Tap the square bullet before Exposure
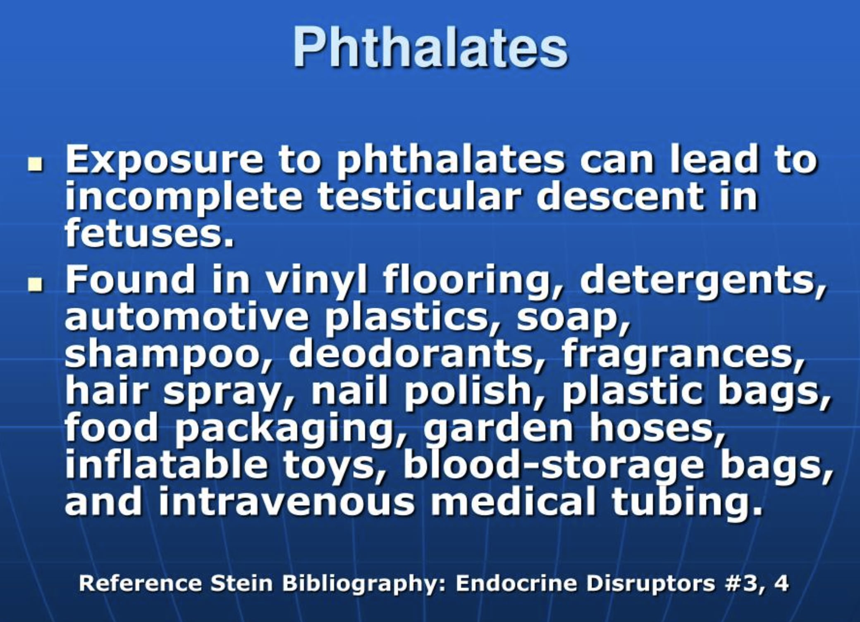(x=36, y=165)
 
